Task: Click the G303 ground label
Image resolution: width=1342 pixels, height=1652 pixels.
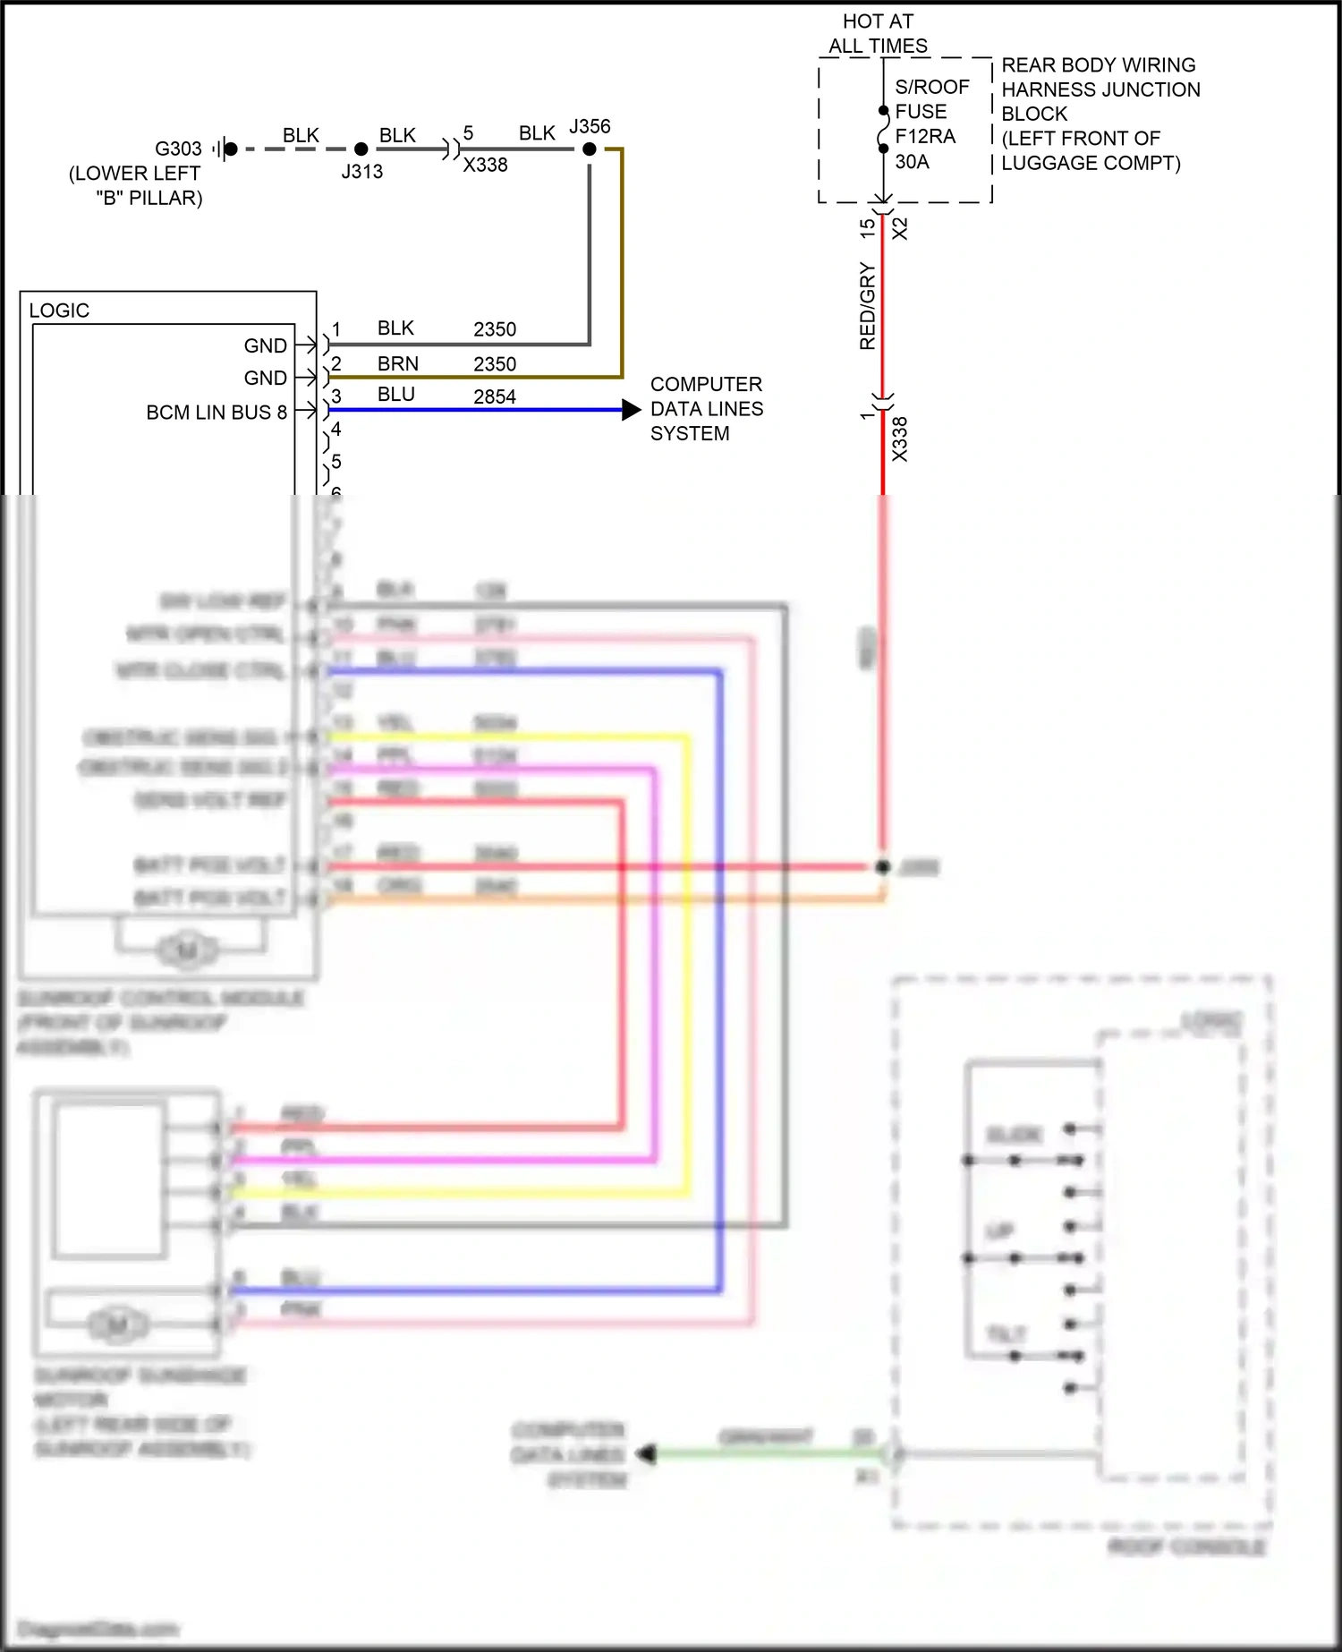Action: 178,149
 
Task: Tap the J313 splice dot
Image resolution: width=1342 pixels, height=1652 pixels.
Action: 361,149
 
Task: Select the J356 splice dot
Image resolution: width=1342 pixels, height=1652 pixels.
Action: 589,149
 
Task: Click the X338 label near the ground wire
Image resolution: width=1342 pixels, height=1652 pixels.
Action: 485,166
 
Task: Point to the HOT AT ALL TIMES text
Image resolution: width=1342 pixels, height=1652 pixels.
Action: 878,33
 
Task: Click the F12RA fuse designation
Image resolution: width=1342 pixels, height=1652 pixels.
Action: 925,137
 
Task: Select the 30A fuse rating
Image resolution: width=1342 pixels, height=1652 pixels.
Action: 912,162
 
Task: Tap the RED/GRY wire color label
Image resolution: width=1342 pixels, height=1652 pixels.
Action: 867,306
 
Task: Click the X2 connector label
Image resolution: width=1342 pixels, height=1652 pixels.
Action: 900,229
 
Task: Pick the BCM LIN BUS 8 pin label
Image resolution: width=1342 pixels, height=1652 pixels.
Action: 217,413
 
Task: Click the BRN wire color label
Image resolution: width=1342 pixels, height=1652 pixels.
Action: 398,364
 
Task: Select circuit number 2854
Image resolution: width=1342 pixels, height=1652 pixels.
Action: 495,397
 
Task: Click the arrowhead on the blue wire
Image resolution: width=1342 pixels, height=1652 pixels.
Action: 632,410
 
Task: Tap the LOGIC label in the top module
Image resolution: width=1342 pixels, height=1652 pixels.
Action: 59,311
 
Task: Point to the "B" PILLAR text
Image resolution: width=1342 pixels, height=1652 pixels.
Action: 149,199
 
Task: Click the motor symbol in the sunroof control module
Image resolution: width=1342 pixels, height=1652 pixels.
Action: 187,949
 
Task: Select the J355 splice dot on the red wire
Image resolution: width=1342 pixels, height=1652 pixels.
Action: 882,866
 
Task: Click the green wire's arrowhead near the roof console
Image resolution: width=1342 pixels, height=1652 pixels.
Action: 646,1454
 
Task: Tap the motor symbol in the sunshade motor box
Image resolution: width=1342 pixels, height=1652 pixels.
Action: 117,1324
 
